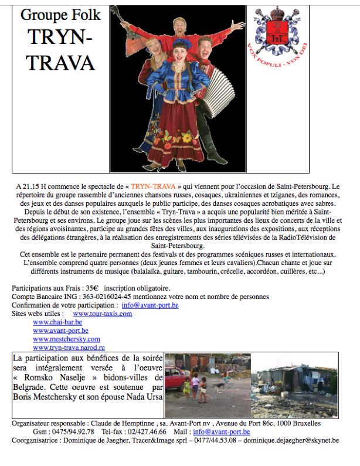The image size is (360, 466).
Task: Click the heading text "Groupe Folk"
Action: pos(60,15)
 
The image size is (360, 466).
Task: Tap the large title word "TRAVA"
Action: pos(60,62)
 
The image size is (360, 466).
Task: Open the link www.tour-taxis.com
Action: pos(102,314)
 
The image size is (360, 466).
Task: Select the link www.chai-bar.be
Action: pos(57,322)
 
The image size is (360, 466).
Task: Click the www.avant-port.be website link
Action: pos(60,331)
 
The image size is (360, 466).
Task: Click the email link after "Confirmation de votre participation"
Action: pos(150,305)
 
